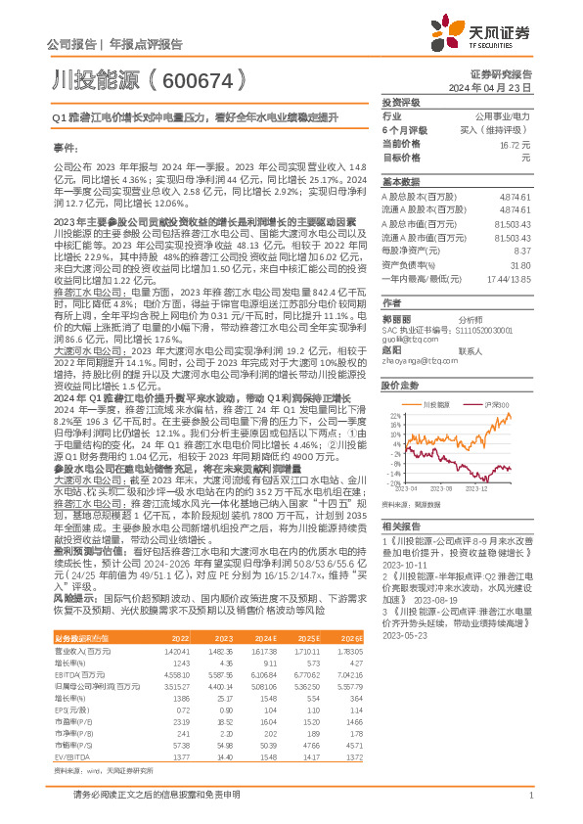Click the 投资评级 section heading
pos(400,103)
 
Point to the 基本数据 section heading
pos(400,182)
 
